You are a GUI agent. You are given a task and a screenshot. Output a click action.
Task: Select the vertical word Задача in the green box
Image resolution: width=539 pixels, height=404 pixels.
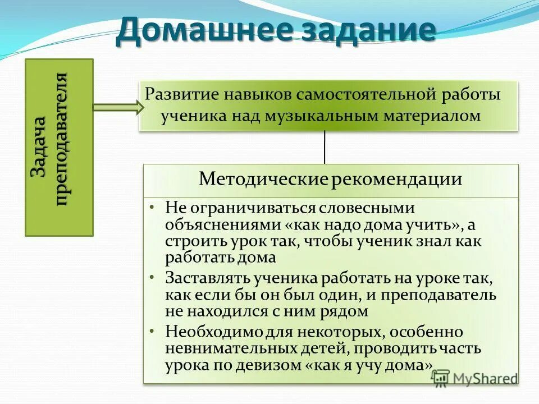click(x=40, y=147)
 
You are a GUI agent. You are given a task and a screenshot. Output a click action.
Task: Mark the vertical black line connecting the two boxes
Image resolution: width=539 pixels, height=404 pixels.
click(x=325, y=147)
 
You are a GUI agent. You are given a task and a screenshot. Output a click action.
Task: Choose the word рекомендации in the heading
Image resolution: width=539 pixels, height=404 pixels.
click(x=397, y=180)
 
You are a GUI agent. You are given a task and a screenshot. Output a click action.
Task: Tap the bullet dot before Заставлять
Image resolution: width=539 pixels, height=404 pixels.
click(x=153, y=276)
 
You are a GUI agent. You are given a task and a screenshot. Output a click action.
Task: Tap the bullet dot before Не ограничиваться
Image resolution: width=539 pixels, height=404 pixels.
click(x=153, y=206)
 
